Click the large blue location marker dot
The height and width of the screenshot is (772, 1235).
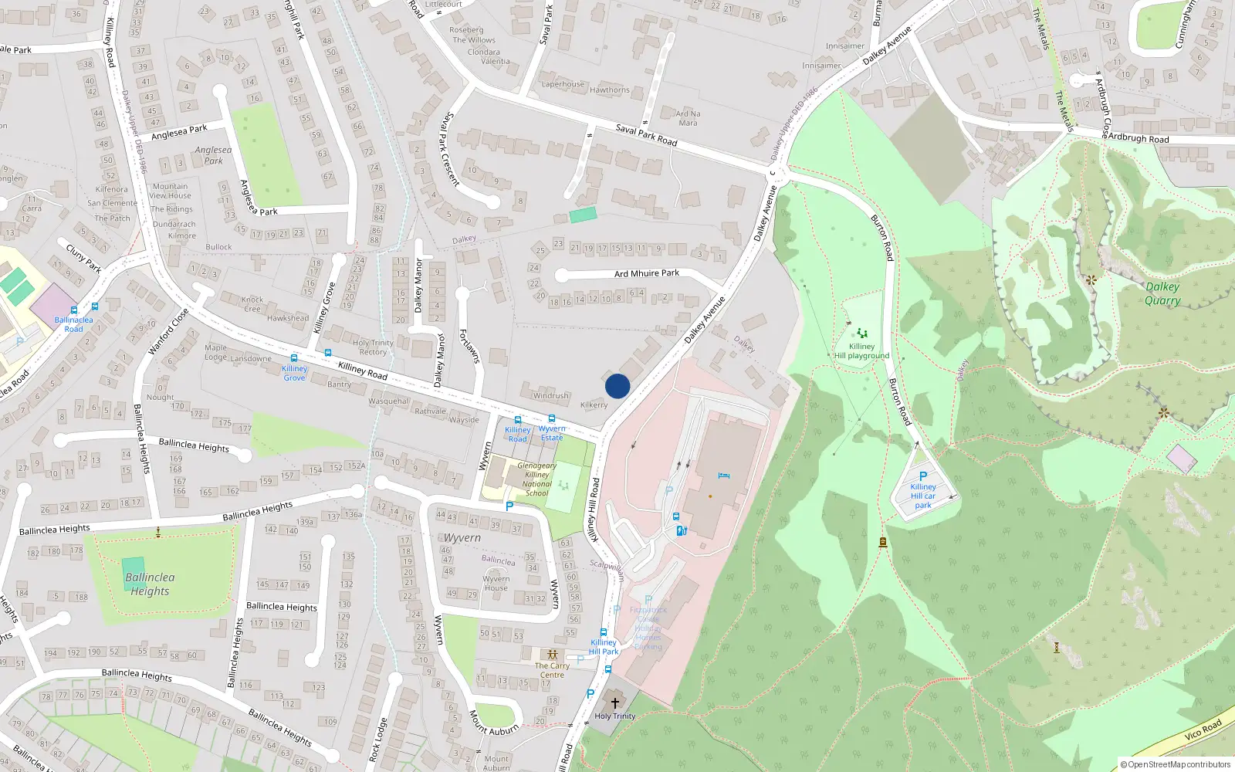(617, 386)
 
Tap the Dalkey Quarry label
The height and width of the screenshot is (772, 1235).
(1162, 293)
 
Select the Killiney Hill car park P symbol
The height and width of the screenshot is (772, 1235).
(922, 476)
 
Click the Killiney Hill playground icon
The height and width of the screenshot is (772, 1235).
(861, 334)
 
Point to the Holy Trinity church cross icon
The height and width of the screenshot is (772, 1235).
(615, 703)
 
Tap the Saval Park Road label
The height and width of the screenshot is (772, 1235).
(646, 135)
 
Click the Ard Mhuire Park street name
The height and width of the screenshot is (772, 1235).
(647, 273)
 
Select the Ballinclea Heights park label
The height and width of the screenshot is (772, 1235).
(150, 584)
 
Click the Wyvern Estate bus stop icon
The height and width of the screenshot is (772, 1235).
(551, 419)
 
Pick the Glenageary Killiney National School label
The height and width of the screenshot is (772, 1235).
(536, 479)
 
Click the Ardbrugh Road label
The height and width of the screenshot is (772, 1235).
(1139, 139)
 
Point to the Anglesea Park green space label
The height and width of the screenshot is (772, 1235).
(213, 155)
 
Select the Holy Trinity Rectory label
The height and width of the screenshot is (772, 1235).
(373, 347)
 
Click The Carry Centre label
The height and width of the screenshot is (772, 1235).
(552, 670)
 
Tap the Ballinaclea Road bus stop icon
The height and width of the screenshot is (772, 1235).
(95, 307)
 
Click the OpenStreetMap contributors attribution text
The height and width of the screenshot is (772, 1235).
(1176, 764)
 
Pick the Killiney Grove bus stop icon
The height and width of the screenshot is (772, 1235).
(293, 358)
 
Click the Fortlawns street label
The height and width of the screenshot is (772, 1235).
(469, 346)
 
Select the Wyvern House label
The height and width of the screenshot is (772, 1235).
(496, 583)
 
